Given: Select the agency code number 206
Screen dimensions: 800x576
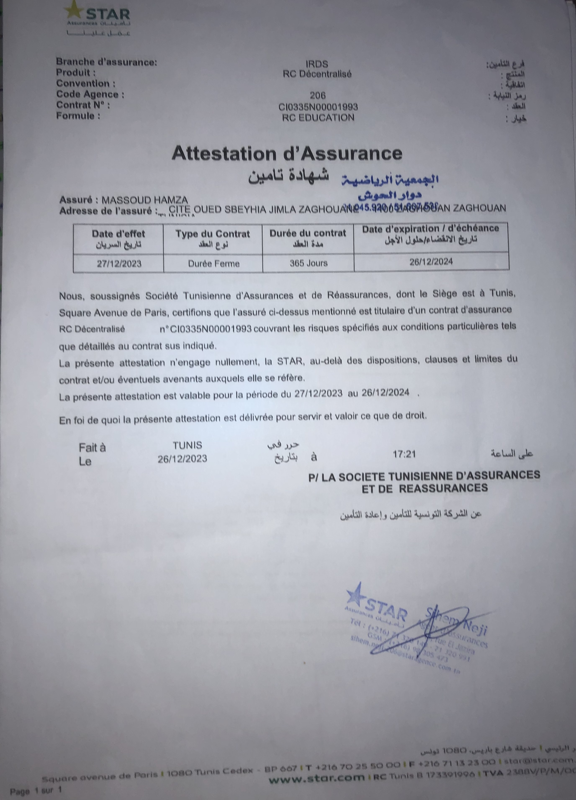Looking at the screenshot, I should tap(318, 95).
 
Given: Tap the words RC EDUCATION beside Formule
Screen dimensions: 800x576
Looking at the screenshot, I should tap(318, 117).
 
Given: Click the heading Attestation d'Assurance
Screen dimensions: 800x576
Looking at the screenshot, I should tap(287, 153).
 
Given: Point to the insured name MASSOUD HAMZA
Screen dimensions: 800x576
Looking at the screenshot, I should tap(145, 200).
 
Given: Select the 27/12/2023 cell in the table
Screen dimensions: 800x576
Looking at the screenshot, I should tap(119, 263).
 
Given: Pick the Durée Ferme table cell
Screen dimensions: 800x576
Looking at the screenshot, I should tap(213, 263).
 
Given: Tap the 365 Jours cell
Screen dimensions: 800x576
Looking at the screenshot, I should tap(308, 263).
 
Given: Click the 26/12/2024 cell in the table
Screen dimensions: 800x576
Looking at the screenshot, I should tap(431, 261).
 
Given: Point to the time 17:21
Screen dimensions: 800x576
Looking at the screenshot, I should tap(404, 454).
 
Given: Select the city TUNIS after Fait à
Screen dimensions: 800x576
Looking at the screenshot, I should tap(187, 445).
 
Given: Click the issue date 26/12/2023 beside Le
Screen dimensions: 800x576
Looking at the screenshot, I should tap(182, 458).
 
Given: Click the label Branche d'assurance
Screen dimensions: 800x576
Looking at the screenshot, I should tap(106, 62).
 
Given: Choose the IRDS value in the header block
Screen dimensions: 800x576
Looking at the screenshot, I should tap(317, 64).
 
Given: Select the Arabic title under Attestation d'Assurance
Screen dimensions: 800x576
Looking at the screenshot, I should tap(289, 175).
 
